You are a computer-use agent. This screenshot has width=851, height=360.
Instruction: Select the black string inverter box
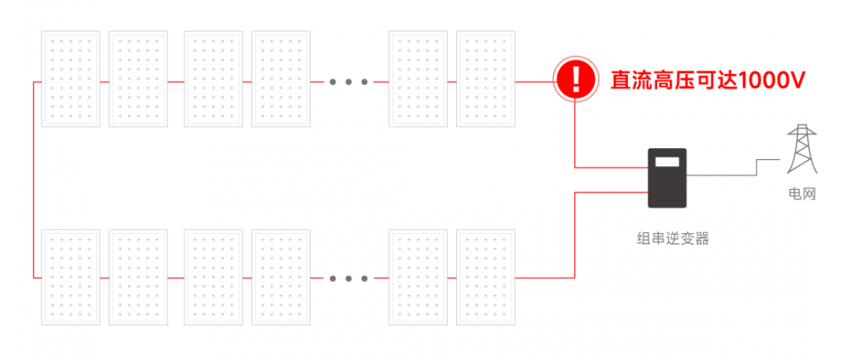pyautogui.click(x=667, y=178)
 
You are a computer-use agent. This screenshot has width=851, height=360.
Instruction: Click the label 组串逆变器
pyautogui.click(x=673, y=238)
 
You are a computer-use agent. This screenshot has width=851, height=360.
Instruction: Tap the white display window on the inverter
pyautogui.click(x=667, y=161)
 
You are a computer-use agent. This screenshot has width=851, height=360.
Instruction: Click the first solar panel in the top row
pyautogui.click(x=71, y=79)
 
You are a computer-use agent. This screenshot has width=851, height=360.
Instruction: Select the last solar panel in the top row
pyautogui.click(x=486, y=79)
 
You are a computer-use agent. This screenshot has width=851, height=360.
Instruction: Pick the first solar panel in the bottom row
pyautogui.click(x=71, y=277)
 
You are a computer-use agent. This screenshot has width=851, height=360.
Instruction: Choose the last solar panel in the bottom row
pyautogui.click(x=486, y=277)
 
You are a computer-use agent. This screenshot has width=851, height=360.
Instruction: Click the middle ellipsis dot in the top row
pyautogui.click(x=349, y=82)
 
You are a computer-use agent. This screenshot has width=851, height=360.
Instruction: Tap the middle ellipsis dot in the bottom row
pyautogui.click(x=349, y=278)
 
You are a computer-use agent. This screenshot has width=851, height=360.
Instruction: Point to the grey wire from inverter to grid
pyautogui.click(x=734, y=168)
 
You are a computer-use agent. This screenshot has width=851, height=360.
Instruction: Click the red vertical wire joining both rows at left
pyautogui.click(x=34, y=180)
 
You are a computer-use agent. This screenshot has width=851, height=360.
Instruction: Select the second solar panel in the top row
pyautogui.click(x=139, y=79)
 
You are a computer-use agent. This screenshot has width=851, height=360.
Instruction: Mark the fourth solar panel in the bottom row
pyautogui.click(x=281, y=277)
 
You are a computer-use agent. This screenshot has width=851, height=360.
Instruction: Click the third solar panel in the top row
pyautogui.click(x=214, y=79)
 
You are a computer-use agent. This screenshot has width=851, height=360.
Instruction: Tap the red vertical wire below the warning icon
pyautogui.click(x=575, y=135)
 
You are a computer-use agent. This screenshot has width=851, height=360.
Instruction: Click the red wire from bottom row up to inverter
pyautogui.click(x=575, y=235)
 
